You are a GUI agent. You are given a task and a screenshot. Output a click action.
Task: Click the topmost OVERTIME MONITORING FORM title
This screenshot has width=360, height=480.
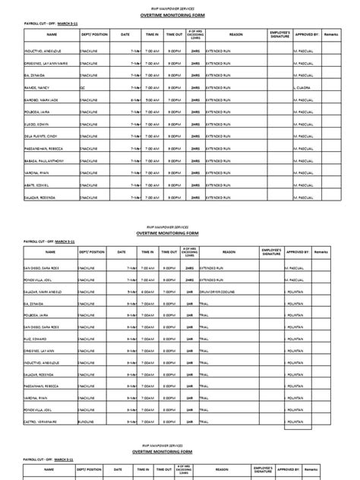click(179, 13)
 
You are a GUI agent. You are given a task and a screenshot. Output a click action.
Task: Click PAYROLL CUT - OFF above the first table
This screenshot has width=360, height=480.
click(37, 24)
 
